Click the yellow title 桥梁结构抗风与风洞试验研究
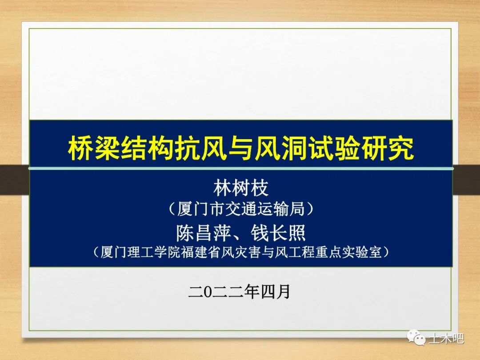[x=240, y=148]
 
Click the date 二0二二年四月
[x=240, y=292]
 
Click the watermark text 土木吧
[x=446, y=339]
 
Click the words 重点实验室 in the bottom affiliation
[x=351, y=252]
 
